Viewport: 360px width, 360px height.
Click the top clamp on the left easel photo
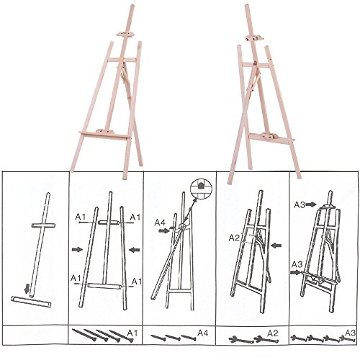125,34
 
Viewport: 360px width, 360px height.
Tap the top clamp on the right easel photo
254,37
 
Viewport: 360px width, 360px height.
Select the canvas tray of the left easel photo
105,135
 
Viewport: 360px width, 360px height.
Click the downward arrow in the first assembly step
27,289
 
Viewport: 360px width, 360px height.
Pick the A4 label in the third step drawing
160,222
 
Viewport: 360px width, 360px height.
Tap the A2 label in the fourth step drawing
234,238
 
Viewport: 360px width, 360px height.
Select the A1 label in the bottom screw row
133,333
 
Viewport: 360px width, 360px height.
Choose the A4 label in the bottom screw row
203,333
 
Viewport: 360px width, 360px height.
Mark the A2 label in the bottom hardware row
273,333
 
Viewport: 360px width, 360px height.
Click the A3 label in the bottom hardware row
350,333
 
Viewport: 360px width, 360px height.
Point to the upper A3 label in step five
300,204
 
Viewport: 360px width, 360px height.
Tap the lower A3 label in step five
297,264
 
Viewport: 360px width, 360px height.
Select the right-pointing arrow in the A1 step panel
77,250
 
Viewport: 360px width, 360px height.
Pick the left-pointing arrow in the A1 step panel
135,250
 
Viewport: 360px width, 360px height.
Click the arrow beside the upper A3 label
311,204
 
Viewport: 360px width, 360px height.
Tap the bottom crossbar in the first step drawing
31,302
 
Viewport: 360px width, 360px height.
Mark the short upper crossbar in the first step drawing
43,225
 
